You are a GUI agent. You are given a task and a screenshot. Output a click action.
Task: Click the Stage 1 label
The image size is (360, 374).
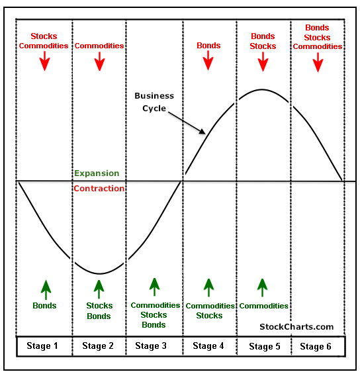(42, 346)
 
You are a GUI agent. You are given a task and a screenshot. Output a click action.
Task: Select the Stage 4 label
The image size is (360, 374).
(208, 346)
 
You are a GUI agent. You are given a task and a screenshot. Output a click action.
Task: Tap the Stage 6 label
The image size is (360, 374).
(316, 347)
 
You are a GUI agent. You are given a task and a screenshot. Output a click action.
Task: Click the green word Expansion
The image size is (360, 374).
(97, 173)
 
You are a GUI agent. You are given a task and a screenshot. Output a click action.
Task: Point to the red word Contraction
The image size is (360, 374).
(99, 189)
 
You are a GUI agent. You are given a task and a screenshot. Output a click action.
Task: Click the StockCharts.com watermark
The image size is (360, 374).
(296, 327)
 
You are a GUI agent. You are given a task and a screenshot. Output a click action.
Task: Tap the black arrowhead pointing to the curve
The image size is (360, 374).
(202, 132)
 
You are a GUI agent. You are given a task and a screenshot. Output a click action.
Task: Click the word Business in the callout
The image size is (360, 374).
(154, 96)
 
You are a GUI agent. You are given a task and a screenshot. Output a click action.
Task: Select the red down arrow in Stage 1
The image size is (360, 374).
(44, 62)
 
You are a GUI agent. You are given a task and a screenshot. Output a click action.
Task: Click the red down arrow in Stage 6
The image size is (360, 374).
(318, 62)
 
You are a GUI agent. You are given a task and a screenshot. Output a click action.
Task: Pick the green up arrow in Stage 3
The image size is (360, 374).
(154, 287)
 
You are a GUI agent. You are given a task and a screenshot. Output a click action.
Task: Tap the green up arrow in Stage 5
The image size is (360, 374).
(263, 288)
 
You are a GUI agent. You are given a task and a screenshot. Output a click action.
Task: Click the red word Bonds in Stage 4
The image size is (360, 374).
(208, 46)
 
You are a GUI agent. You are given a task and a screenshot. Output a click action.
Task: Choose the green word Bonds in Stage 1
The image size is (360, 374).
(44, 306)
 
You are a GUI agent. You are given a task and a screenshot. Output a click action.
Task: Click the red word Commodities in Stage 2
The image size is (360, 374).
(99, 46)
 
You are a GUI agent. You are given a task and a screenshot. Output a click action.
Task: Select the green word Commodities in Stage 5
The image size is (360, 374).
(263, 306)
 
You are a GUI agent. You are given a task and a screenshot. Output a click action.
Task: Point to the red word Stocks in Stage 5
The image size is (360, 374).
(263, 46)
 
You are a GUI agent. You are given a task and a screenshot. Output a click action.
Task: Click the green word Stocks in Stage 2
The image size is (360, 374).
(99, 306)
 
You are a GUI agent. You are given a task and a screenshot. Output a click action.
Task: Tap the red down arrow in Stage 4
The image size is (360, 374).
(208, 61)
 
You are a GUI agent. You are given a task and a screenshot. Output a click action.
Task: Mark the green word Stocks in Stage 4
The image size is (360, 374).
(209, 316)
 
